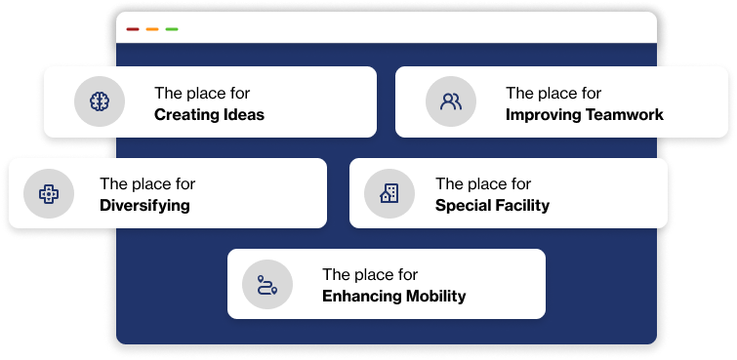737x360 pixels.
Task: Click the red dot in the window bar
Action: click(133, 29)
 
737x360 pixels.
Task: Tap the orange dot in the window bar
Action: click(152, 29)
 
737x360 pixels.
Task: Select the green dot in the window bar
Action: click(172, 29)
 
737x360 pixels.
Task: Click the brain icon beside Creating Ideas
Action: click(99, 101)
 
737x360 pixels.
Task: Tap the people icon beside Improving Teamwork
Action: click(451, 101)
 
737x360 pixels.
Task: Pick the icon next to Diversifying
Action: click(47, 193)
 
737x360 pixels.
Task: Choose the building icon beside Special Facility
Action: click(389, 192)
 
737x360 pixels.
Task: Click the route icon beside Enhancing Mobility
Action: click(267, 285)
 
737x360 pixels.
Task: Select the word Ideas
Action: click(243, 115)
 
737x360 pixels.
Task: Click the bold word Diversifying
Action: click(144, 206)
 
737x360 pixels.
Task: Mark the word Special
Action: click(465, 206)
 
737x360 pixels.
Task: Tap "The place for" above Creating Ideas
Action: click(202, 94)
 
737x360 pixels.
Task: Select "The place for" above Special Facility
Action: click(483, 184)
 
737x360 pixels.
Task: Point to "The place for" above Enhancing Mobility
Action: click(370, 275)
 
